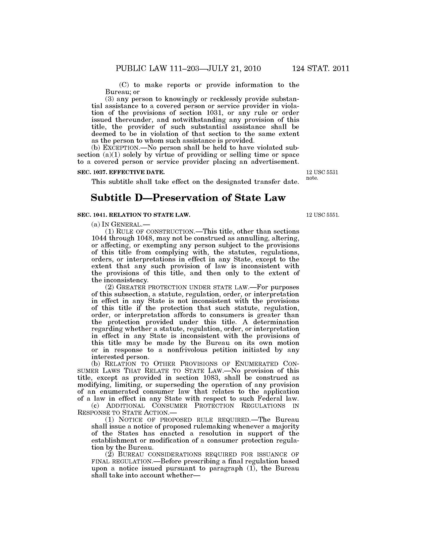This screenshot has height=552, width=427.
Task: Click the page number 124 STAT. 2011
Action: [321, 68]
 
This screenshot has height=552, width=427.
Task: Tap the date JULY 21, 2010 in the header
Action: [234, 68]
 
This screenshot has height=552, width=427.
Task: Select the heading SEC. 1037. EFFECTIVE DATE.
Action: [121, 172]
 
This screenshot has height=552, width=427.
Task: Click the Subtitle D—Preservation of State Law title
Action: [188, 198]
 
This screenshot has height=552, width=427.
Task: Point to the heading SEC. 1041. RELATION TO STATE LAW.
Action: [134, 215]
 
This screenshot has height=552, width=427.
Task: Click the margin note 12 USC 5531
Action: [322, 172]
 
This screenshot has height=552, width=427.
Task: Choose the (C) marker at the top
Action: [124, 85]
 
